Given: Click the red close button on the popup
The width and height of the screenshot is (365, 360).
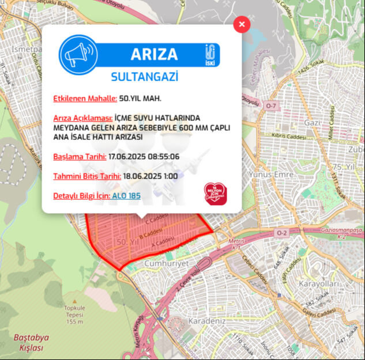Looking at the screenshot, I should click(x=242, y=24).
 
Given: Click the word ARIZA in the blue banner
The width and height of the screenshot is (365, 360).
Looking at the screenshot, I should click(x=154, y=54).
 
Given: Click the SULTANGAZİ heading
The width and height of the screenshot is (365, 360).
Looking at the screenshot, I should click(x=144, y=76).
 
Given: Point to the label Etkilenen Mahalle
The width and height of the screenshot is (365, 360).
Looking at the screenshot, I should click(x=85, y=98).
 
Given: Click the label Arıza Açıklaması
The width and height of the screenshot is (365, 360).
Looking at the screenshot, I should click(x=82, y=117).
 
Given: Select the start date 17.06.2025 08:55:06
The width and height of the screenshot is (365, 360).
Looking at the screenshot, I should click(x=144, y=157).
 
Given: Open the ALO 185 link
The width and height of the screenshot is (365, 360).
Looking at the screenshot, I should click(x=126, y=196).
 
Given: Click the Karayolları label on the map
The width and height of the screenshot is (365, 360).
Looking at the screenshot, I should click(x=319, y=284).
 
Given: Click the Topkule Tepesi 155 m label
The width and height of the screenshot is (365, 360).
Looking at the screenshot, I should click(x=74, y=314).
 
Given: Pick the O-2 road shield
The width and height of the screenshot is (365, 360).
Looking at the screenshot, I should click(x=281, y=233).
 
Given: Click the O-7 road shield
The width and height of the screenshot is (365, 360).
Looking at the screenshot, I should click(x=272, y=106).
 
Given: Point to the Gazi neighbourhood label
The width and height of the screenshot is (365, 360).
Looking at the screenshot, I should click(x=313, y=123).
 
